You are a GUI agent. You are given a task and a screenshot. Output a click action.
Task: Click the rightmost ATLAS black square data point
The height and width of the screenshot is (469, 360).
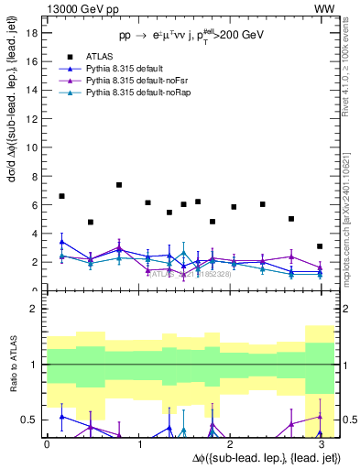click(319, 246)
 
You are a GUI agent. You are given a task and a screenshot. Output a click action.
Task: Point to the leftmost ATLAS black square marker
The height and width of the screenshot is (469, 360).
click(61, 196)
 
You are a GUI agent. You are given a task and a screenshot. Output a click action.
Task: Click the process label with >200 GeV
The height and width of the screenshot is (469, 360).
click(191, 35)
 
